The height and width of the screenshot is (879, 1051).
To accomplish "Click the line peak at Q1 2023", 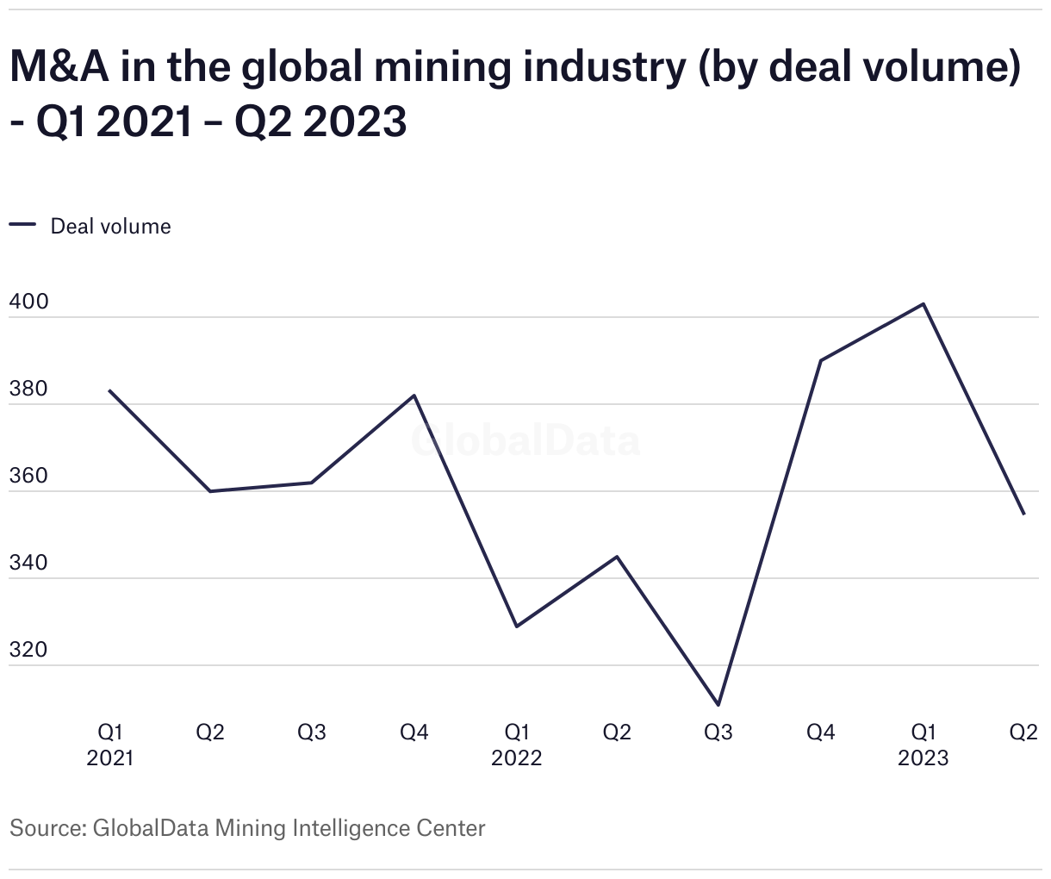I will (x=924, y=304).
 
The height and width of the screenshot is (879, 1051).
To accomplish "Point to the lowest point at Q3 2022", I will (x=718, y=705).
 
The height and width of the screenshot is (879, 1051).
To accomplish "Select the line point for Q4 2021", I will (x=414, y=396).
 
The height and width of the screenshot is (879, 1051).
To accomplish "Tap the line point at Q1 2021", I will (x=109, y=390).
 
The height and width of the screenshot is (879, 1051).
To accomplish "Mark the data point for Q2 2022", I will (x=617, y=557).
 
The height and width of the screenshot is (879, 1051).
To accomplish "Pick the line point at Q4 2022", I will (x=821, y=360).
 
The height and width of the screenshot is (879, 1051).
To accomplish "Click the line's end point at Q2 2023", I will (x=1023, y=514).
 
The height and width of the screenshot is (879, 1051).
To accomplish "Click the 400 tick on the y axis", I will (x=29, y=302).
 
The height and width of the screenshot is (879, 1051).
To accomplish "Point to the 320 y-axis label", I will (x=29, y=651).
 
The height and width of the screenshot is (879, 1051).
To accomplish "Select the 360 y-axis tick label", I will (x=29, y=477).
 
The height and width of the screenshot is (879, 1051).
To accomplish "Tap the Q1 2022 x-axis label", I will (x=516, y=745).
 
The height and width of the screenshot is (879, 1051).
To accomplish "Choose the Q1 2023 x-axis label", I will (x=924, y=745).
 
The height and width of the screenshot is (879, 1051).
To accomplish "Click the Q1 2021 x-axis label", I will (x=110, y=745).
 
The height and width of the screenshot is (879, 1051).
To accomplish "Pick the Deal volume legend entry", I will (x=110, y=227).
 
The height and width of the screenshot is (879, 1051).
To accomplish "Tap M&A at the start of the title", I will (x=59, y=67).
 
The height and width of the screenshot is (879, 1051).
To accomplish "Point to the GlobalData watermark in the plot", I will (x=525, y=440).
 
